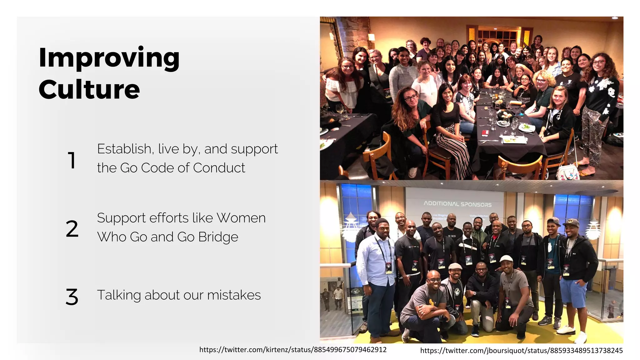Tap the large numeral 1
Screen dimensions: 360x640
coord(72,160)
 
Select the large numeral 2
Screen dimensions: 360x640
coord(72,229)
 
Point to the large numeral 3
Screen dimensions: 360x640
coord(72,297)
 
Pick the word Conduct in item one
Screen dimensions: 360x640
coord(219,168)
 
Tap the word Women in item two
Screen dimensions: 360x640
coord(241,218)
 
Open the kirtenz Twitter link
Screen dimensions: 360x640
coord(293,350)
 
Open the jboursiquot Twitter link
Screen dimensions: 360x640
coord(521,351)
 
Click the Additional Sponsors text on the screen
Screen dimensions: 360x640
coord(457,204)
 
